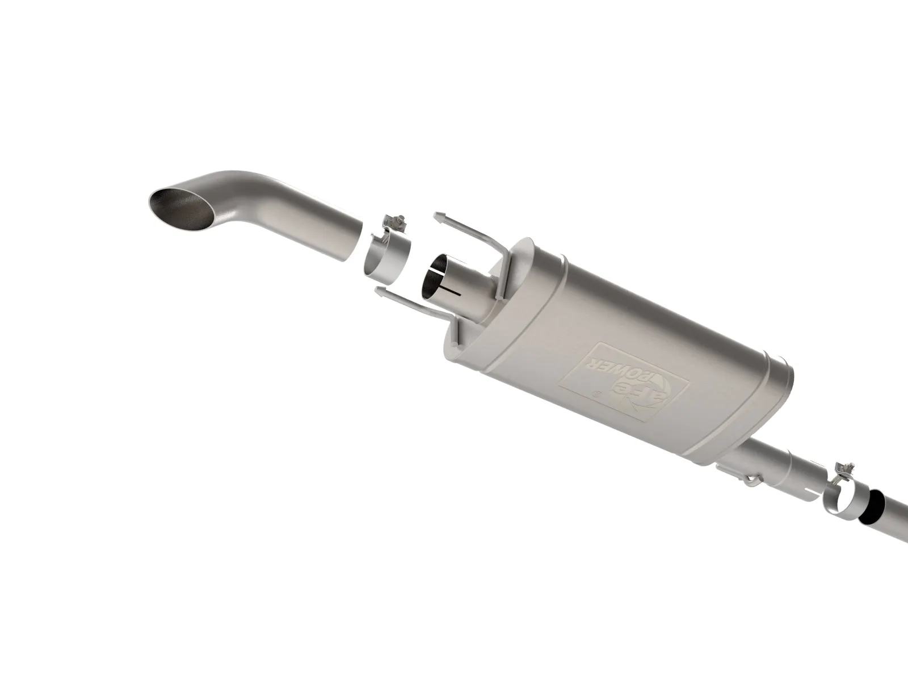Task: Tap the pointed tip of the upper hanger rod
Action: pos(436,215)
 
